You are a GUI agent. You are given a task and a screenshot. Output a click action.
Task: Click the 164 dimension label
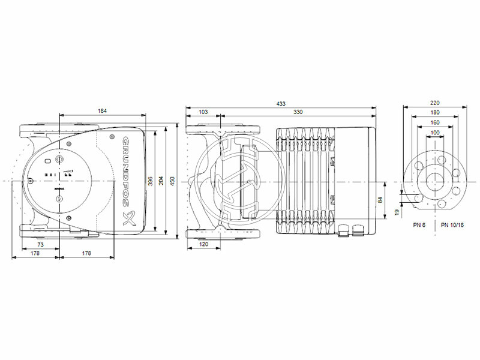(x=104, y=110)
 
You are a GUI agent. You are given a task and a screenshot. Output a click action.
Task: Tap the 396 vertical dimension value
(x=151, y=180)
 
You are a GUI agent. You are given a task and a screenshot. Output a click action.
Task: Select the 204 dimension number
(x=160, y=180)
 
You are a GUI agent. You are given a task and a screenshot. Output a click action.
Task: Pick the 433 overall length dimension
(x=281, y=103)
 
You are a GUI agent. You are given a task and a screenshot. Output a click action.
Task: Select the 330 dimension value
(x=297, y=112)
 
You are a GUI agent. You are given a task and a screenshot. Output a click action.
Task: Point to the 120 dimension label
(x=203, y=245)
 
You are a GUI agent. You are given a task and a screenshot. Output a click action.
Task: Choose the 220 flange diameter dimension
(x=436, y=103)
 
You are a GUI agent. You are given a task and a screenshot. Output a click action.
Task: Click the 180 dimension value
(x=436, y=112)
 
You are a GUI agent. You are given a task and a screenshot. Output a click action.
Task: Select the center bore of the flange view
(x=436, y=181)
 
